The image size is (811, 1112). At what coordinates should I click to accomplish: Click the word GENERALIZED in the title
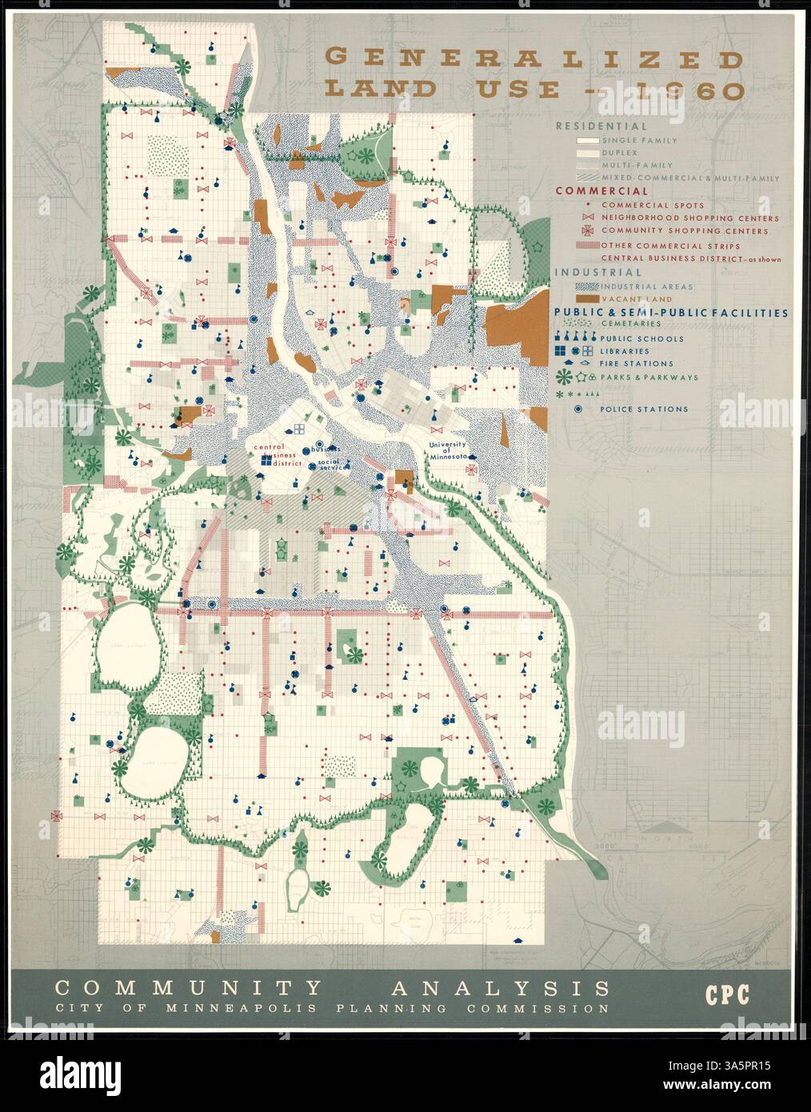532,60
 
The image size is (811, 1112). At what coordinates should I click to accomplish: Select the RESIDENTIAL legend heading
601,126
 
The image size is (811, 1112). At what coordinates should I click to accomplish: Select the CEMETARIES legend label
631,323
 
